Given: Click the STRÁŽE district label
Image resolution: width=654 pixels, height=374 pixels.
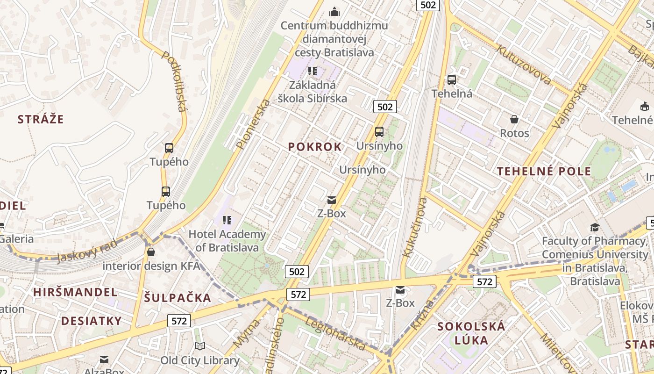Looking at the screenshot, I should pyautogui.click(x=40, y=119).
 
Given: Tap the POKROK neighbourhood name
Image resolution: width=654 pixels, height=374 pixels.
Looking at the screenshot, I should pyautogui.click(x=315, y=147).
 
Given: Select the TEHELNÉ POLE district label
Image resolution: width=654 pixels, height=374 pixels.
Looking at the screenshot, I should pyautogui.click(x=544, y=171).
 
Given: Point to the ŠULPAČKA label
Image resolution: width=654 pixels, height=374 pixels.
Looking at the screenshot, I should pyautogui.click(x=178, y=298).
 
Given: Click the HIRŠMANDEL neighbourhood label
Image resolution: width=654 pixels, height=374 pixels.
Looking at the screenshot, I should pyautogui.click(x=75, y=292).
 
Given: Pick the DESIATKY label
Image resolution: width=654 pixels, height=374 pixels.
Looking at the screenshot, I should pyautogui.click(x=92, y=321).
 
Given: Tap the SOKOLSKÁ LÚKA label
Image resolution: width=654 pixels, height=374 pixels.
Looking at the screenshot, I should pyautogui.click(x=471, y=333).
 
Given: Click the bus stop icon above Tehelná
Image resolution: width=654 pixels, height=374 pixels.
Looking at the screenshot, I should pyautogui.click(x=451, y=80).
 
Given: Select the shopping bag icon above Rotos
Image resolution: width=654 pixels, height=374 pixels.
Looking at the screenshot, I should pyautogui.click(x=514, y=119).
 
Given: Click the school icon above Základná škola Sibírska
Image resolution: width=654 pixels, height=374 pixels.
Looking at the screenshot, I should pyautogui.click(x=313, y=71).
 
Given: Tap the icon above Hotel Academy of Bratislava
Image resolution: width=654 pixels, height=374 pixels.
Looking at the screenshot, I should pyautogui.click(x=227, y=220).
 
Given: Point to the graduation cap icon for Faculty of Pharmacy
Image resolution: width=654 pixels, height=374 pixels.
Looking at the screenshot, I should pyautogui.click(x=594, y=227).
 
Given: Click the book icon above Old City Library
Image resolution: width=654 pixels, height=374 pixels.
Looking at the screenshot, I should pyautogui.click(x=199, y=346).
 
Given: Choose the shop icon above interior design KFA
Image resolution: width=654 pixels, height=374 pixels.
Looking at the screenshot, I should pyautogui.click(x=150, y=252).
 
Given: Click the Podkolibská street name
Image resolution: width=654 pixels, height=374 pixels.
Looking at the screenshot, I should pyautogui.click(x=174, y=81).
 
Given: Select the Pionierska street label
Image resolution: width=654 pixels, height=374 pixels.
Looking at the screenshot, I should pyautogui.click(x=253, y=124).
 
